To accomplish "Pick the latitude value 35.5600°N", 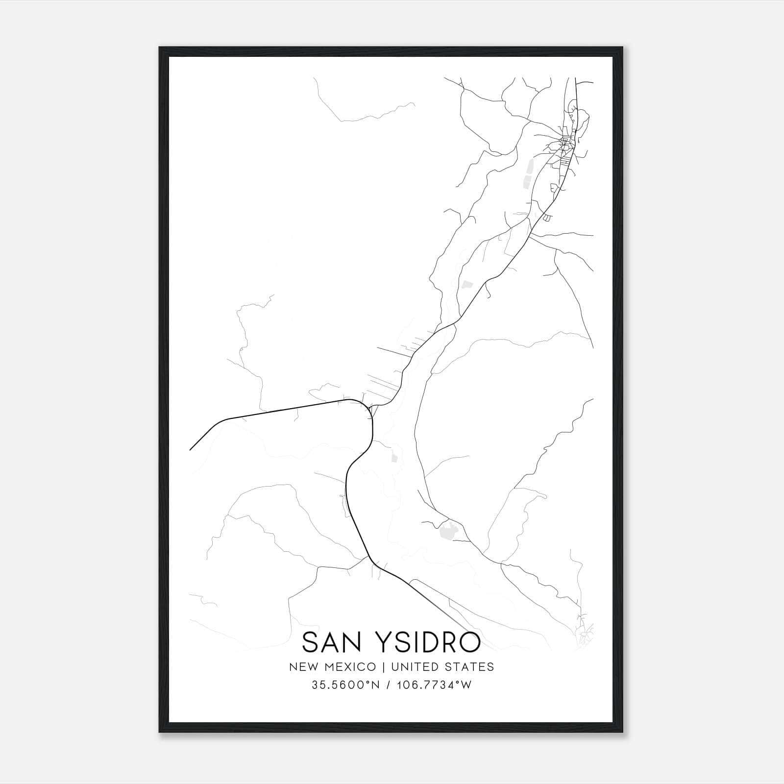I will tap(346, 685).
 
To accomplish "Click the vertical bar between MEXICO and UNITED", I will tap(384, 667).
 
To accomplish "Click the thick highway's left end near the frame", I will tap(191, 448).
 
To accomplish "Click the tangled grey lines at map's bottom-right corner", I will tap(586, 635).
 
